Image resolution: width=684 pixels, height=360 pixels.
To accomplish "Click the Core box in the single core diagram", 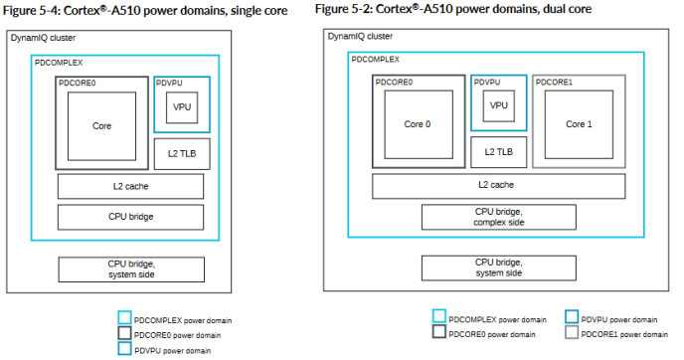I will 101,126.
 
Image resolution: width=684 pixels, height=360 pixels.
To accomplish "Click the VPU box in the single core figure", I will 181,107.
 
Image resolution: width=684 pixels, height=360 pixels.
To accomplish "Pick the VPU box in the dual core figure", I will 498,103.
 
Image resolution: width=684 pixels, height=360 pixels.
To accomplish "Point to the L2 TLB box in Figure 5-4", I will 181,153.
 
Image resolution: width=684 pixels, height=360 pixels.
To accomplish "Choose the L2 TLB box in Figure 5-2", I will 498,151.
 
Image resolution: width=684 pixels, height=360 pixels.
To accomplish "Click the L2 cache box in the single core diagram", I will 130,186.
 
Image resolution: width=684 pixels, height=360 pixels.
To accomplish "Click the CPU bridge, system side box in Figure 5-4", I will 130,269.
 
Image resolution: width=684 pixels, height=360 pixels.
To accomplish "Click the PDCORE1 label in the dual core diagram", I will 556,83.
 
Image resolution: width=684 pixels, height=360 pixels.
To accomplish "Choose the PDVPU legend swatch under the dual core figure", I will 570,317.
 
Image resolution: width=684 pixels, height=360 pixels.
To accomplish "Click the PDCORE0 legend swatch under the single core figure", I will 124,334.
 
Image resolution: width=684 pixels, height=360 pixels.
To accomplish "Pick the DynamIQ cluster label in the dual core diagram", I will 365,37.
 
